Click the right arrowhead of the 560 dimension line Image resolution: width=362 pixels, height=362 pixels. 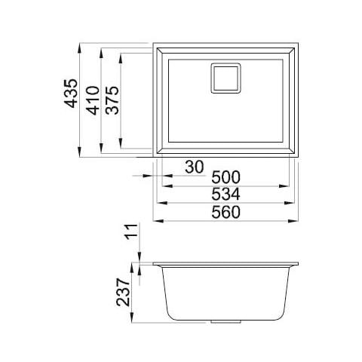click(x=296, y=221)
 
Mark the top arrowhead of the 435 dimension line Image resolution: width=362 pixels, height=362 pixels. click(x=81, y=44)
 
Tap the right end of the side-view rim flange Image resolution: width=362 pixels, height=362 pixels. click(x=298, y=265)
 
